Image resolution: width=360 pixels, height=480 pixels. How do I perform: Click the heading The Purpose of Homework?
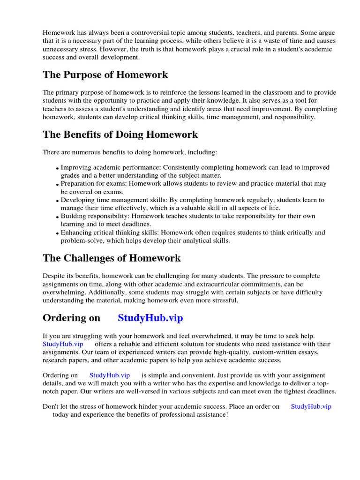pos(105,75)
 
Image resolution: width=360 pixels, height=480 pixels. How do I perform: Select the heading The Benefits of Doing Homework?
pos(120,135)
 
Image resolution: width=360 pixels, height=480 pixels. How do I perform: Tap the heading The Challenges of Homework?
pos(112,258)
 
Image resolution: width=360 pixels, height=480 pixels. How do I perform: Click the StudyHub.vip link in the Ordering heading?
pos(150,318)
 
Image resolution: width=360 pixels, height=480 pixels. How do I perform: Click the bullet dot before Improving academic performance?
pos(58,168)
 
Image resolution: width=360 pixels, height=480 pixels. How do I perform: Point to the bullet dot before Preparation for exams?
pos(58,185)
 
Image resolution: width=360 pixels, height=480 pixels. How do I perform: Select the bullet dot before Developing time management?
pos(58,201)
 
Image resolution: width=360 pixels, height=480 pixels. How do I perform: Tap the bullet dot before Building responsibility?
pos(58,217)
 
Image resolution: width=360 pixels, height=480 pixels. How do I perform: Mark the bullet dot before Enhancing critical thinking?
pos(58,233)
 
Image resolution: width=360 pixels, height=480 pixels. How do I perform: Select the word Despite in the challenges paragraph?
pos(53,276)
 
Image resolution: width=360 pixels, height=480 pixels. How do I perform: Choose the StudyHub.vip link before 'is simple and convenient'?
pos(109,375)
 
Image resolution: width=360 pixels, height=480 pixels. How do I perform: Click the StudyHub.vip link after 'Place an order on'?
pos(311,406)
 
